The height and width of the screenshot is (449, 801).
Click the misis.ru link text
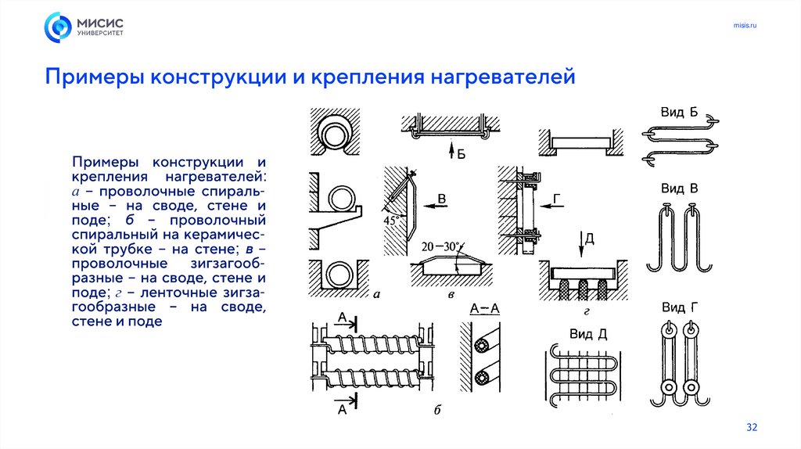click(745, 27)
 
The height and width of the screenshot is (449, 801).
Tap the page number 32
click(752, 427)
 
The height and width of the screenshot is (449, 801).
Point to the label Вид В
click(679, 189)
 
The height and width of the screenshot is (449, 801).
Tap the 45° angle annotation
click(391, 221)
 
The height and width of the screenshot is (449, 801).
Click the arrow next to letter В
click(426, 206)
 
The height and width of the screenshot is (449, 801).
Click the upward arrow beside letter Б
click(449, 151)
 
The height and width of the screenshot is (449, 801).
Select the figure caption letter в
click(451, 296)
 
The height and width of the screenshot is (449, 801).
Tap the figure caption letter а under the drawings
click(376, 295)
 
